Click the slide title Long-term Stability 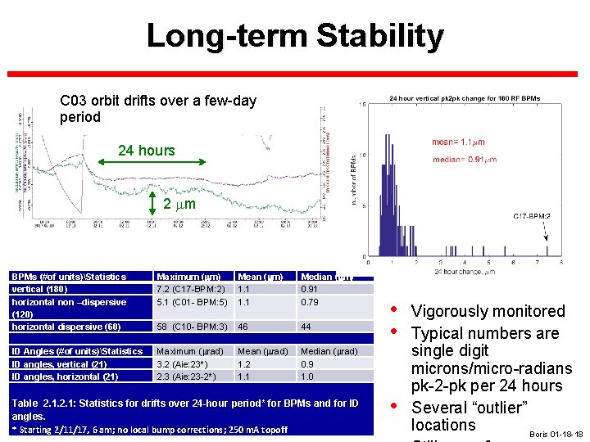point(295,36)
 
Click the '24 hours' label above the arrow point(146,150)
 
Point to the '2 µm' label point(179,203)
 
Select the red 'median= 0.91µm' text point(464,159)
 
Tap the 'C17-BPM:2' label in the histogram point(532,216)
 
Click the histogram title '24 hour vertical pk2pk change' point(464,98)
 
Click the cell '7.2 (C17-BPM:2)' point(191,289)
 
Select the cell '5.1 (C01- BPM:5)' point(192,302)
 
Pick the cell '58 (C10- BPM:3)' point(192,327)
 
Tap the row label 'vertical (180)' point(40,289)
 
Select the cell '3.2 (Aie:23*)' point(186,364)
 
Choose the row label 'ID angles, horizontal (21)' point(64,377)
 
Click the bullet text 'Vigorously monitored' point(488,311)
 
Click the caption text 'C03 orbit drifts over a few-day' point(158,101)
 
